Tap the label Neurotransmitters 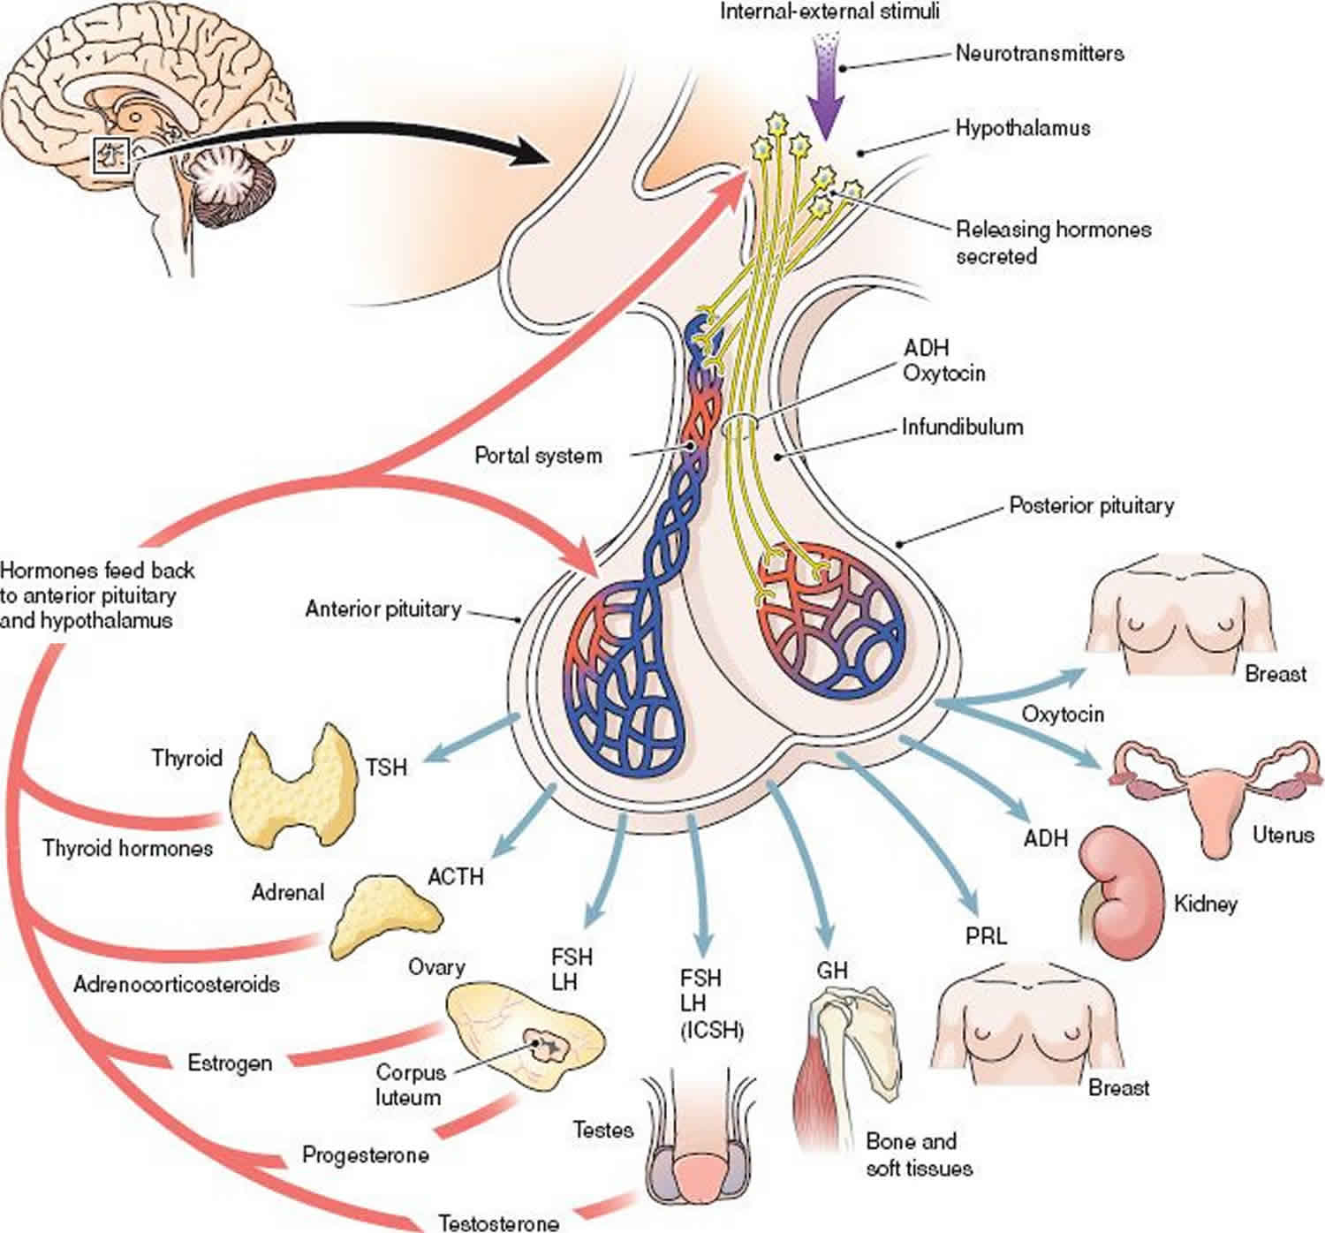(1039, 53)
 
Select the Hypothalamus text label (1022, 128)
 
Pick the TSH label (387, 767)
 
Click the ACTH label (456, 876)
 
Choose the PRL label (986, 935)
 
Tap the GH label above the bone (831, 970)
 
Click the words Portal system (538, 456)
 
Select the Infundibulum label (962, 427)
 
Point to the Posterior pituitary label (1091, 506)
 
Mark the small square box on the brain (111, 156)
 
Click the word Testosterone (498, 1222)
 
